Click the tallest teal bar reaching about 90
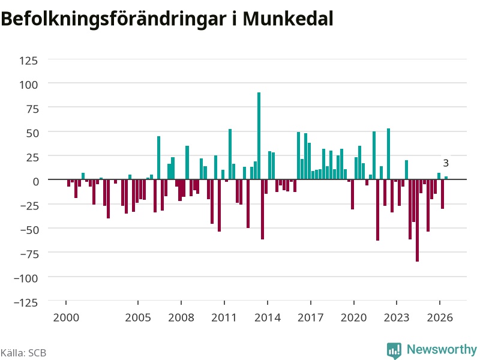pyautogui.click(x=259, y=136)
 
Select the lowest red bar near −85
pyautogui.click(x=417, y=220)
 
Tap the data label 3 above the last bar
pyautogui.click(x=446, y=163)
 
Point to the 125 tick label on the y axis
pyautogui.click(x=28, y=61)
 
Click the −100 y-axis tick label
pyautogui.click(x=26, y=278)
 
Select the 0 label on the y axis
pyautogui.click(x=36, y=182)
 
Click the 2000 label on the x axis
pyautogui.click(x=66, y=317)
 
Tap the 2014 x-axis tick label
pyautogui.click(x=268, y=317)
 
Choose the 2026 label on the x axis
pyautogui.click(x=440, y=317)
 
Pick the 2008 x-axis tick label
pyautogui.click(x=181, y=317)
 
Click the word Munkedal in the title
pyautogui.click(x=288, y=19)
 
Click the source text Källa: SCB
pyautogui.click(x=23, y=353)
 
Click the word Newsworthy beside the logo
pyautogui.click(x=442, y=349)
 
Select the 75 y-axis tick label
pyautogui.click(x=32, y=109)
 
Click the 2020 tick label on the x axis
pyautogui.click(x=353, y=317)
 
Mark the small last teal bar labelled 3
pyautogui.click(x=446, y=178)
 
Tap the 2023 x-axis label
pyautogui.click(x=397, y=317)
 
